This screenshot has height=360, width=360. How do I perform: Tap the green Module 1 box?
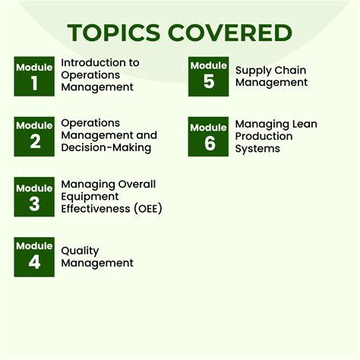coord(34,76)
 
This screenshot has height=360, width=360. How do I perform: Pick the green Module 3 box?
coord(34,197)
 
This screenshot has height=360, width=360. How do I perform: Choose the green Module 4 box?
coord(34,257)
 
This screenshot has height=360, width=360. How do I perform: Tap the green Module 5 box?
coord(209,76)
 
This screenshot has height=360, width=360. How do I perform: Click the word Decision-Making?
coord(106,147)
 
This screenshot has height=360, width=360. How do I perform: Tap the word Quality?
coord(80,251)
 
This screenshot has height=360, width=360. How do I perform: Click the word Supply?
coord(253,71)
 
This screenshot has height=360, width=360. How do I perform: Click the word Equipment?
coord(89,196)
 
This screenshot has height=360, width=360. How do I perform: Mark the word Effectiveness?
coord(96,208)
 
